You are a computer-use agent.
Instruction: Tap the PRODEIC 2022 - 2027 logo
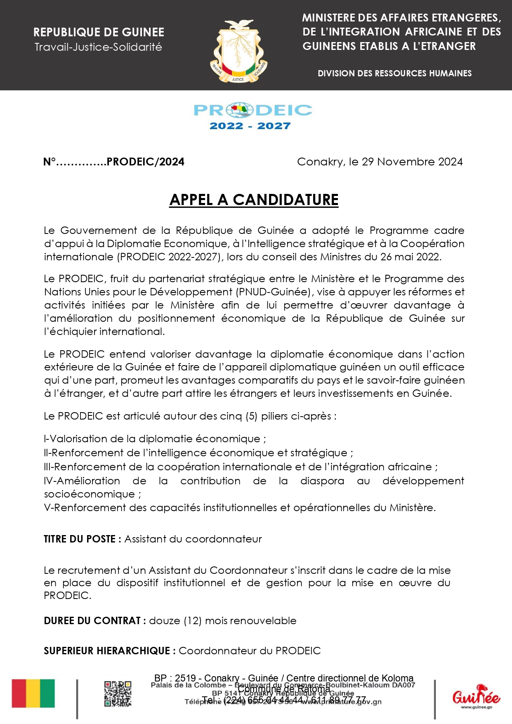[x=252, y=116]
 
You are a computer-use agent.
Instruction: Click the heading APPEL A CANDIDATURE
[x=254, y=200]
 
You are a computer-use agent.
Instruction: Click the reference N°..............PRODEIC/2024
[x=114, y=162]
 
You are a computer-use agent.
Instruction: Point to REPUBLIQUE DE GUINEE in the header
[x=99, y=32]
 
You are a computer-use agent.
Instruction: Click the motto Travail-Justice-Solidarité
[x=98, y=47]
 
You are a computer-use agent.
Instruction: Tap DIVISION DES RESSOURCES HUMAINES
[x=394, y=73]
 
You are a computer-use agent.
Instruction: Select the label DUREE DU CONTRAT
[x=94, y=621]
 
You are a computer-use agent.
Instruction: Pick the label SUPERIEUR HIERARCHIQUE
[x=110, y=651]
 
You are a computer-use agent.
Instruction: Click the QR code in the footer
[x=118, y=694]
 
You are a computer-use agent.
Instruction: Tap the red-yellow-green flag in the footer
[x=33, y=693]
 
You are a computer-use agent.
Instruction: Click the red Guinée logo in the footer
[x=476, y=696]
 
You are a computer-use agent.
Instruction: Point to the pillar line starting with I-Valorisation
[x=155, y=439]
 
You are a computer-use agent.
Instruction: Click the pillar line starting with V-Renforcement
[x=239, y=508]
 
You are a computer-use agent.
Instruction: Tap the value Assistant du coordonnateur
[x=193, y=539]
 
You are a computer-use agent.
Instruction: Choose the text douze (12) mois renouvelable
[x=222, y=621]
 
